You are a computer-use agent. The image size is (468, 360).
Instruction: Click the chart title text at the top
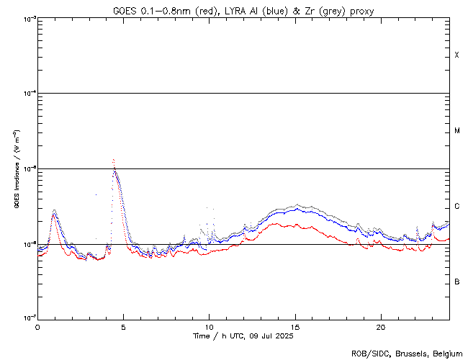[243, 11]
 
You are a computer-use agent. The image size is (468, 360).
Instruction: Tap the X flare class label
[456, 55]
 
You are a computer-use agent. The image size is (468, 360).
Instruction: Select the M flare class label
[456, 131]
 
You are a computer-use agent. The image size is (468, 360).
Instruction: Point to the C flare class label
[456, 207]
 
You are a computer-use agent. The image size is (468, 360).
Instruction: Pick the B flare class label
[456, 282]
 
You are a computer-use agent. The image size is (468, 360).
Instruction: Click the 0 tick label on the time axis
[37, 326]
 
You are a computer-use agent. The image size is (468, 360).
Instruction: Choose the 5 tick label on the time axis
[123, 326]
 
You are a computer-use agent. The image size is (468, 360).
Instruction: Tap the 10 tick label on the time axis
[209, 326]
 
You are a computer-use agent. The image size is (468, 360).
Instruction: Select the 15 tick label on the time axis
[294, 326]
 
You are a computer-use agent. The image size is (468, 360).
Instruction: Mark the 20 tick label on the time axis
[380, 326]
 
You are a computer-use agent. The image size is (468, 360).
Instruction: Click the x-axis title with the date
[243, 336]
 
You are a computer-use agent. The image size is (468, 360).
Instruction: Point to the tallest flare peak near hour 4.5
[114, 160]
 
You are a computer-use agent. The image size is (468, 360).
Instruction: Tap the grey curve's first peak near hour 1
[54, 210]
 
